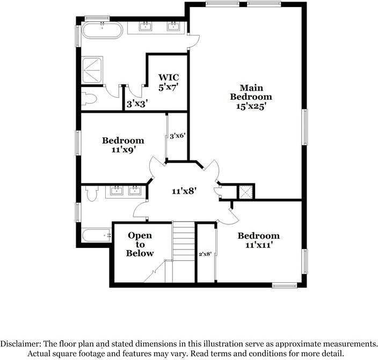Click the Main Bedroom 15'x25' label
(x=248, y=97)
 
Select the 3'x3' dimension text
(x=137, y=104)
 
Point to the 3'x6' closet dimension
(x=177, y=136)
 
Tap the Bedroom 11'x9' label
(x=123, y=145)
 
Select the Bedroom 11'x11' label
(x=258, y=240)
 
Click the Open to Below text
(x=140, y=244)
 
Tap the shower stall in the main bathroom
(x=93, y=70)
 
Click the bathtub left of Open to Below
(x=96, y=236)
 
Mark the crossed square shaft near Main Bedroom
(x=246, y=191)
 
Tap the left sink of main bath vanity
(x=146, y=26)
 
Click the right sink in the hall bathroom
(x=135, y=190)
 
